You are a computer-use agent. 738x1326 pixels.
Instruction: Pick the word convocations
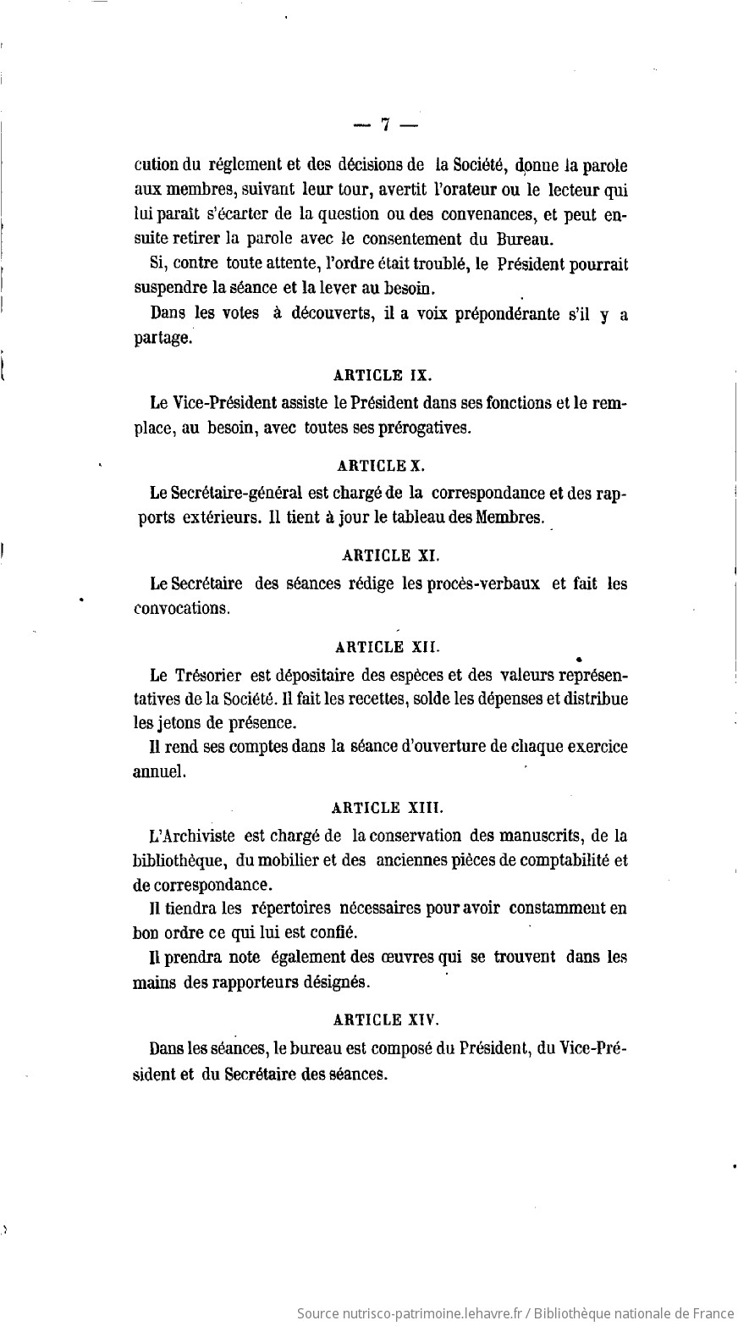point(181,609)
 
